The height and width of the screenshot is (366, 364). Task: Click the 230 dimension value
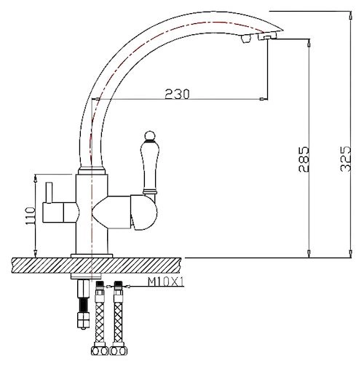[177, 94]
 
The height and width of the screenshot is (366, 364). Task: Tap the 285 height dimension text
[304, 159]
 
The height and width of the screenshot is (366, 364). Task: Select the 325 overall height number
[346, 159]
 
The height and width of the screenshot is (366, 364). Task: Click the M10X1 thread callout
[166, 282]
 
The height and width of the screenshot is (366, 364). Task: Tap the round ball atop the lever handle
[149, 135]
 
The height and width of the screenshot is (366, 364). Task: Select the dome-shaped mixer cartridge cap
[144, 212]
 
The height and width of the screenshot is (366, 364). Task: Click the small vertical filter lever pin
[50, 192]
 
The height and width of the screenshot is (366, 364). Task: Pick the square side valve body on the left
[53, 212]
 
